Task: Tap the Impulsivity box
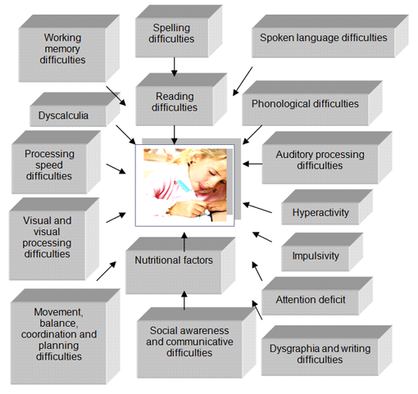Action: point(322,252)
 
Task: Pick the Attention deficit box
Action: point(317,297)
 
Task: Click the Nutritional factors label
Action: point(174,260)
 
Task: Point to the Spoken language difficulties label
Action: point(324,38)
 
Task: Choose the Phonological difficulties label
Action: point(305,104)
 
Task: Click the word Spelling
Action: point(171,28)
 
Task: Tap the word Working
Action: point(62,38)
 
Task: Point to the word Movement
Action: point(58,312)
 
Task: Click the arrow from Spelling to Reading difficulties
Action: point(174,67)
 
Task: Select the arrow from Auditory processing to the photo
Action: point(252,164)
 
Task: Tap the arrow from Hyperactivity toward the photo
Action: point(257,207)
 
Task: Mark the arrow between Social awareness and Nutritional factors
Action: point(184,301)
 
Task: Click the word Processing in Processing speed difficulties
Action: point(49,154)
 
